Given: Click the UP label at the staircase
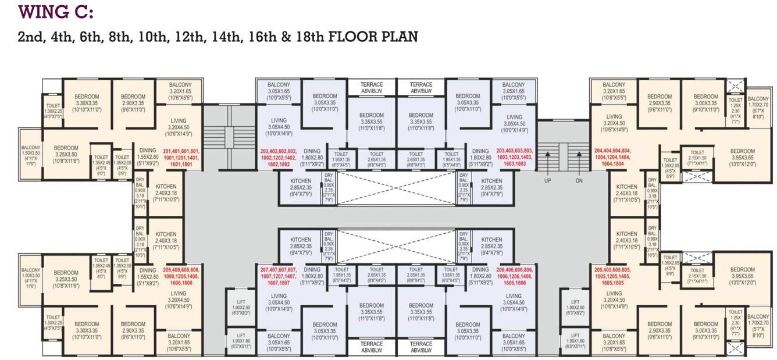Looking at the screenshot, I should [547, 181].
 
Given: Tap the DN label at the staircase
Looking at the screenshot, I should [579, 181].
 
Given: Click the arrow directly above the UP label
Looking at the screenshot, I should [547, 160].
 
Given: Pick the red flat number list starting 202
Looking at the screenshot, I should [277, 158].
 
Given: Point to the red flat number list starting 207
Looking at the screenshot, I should [277, 276].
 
